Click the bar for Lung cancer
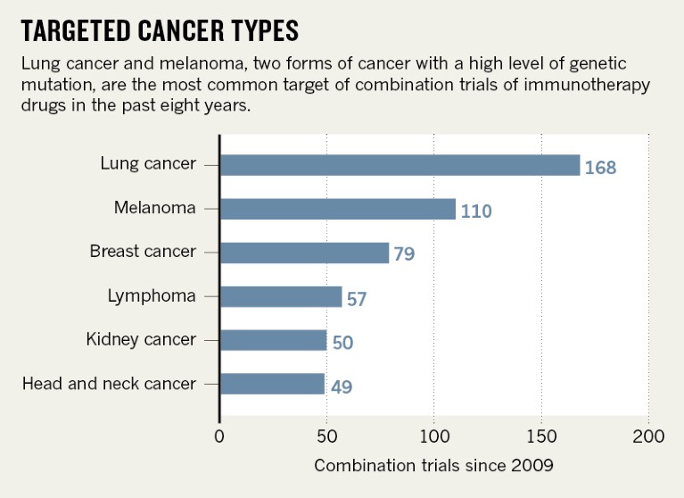click(x=400, y=165)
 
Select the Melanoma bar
click(x=337, y=209)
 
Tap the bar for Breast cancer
click(x=304, y=253)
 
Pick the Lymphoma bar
click(x=280, y=296)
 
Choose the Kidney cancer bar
click(x=273, y=340)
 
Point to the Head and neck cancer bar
click(x=272, y=384)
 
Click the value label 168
click(x=600, y=167)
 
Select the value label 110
click(x=476, y=211)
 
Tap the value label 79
click(x=404, y=254)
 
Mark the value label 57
click(x=357, y=298)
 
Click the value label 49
click(x=341, y=386)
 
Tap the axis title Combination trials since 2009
click(x=433, y=465)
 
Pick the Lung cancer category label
click(x=148, y=165)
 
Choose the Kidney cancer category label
click(x=141, y=340)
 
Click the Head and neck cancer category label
click(x=109, y=384)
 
